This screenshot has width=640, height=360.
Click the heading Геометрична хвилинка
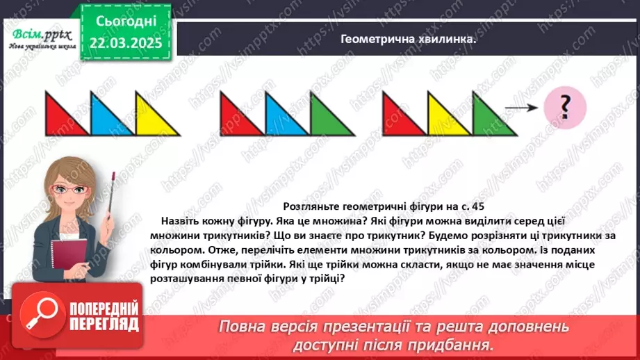click(408, 40)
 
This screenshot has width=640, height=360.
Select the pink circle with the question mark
click(565, 107)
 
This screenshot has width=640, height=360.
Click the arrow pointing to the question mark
click(522, 108)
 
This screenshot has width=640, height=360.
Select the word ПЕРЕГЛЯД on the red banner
click(104, 324)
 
